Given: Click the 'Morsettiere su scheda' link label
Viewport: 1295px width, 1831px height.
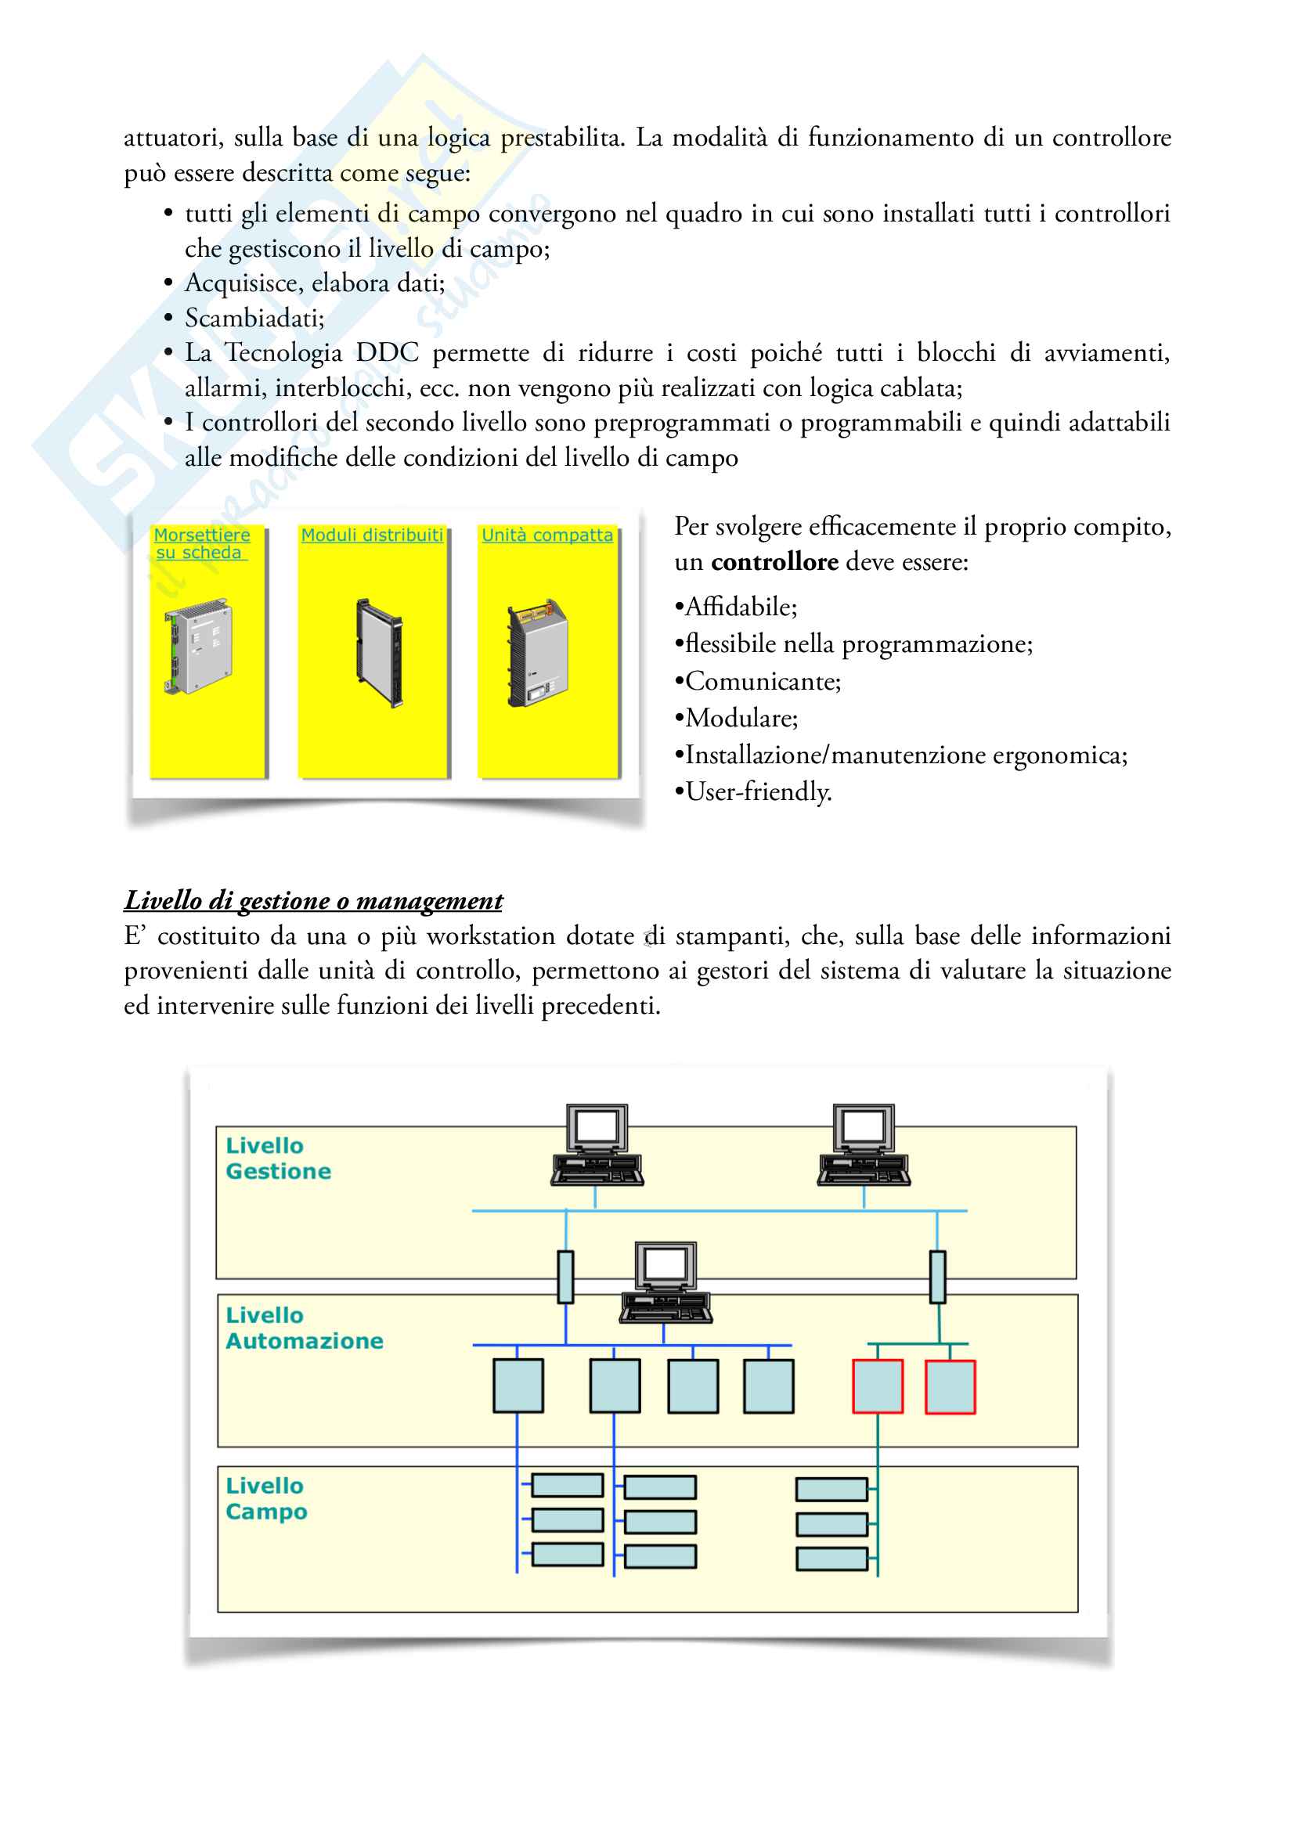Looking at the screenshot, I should (x=201, y=543).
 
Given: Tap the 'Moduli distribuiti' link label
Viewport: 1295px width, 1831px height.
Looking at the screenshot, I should (x=372, y=535).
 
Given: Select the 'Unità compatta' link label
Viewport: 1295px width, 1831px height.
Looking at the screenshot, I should (x=547, y=535).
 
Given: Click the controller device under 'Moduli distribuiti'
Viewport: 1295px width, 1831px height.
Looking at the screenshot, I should (x=380, y=652).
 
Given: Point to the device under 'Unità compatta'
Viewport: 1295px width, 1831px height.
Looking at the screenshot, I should (x=538, y=653).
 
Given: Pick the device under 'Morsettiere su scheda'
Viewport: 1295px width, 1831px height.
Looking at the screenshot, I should (x=198, y=647).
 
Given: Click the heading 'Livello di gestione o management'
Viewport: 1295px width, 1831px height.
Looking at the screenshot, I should (x=313, y=900).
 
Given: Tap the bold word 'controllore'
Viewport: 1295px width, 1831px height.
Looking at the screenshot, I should (x=774, y=562).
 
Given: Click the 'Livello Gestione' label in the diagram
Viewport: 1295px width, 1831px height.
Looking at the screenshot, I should (x=277, y=1158).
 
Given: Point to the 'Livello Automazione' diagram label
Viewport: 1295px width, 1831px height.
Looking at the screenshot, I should (x=304, y=1328).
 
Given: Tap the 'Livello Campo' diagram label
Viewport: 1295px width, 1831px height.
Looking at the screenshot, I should (x=266, y=1498).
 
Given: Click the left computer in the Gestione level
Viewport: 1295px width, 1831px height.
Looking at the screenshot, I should (x=597, y=1145).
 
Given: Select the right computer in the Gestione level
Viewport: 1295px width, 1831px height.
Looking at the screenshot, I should (x=864, y=1145).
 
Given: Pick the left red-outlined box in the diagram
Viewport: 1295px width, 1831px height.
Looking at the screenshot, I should (x=877, y=1387).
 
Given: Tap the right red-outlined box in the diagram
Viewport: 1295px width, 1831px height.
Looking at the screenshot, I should (x=950, y=1387).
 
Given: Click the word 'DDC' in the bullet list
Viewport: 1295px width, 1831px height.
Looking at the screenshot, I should (x=387, y=353).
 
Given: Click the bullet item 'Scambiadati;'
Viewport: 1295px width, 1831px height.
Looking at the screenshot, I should (x=254, y=318).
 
